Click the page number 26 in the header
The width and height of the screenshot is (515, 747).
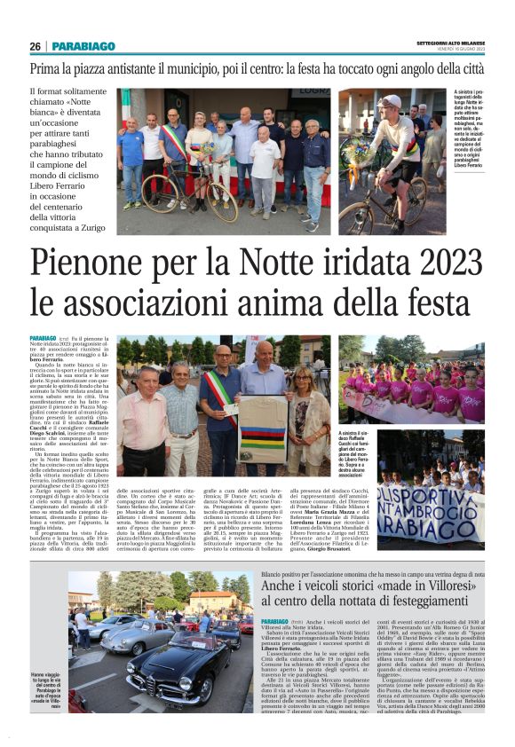(x=35, y=46)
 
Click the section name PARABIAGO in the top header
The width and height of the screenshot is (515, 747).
(x=83, y=46)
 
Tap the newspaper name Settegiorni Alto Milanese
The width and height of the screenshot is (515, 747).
(x=451, y=43)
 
